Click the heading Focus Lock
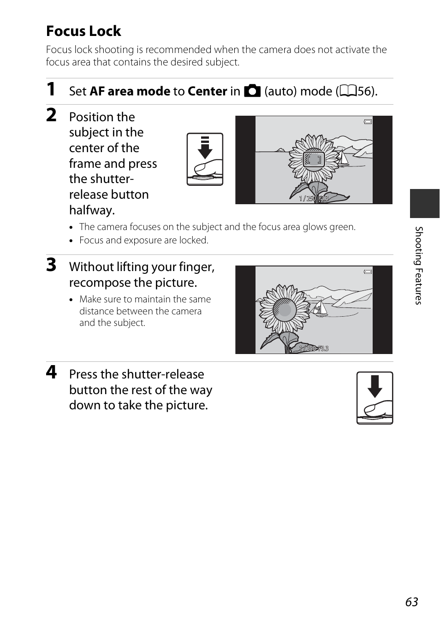(83, 31)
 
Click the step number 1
(51, 89)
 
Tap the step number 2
(51, 115)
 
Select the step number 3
(51, 265)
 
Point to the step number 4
(51, 372)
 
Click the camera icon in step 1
(252, 91)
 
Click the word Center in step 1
(207, 91)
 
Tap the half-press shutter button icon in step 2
(205, 159)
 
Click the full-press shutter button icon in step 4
(375, 398)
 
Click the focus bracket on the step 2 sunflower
(314, 160)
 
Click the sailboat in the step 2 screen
(344, 158)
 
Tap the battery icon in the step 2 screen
(368, 122)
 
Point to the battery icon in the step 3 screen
(368, 272)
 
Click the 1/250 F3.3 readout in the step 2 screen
(314, 198)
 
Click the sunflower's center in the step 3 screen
(285, 309)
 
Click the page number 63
(411, 602)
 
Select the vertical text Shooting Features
(418, 265)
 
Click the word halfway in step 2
(92, 210)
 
